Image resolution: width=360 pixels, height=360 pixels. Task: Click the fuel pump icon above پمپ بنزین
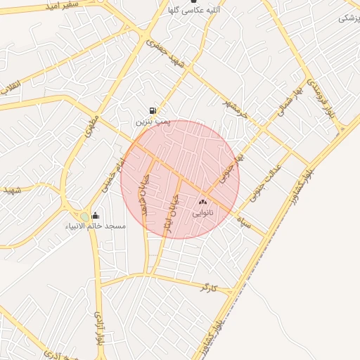[153, 110]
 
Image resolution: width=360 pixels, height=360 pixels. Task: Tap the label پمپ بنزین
[153, 122]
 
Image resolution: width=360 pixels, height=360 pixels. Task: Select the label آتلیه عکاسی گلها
[185, 11]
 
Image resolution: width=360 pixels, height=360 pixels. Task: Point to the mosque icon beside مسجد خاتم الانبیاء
[96, 215]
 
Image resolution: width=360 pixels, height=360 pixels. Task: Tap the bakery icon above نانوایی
[203, 202]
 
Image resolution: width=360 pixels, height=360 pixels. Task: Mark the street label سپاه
[245, 222]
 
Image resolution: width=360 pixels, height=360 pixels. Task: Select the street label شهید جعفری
[169, 53]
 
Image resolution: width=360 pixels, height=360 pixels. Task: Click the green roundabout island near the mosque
[85, 216]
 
